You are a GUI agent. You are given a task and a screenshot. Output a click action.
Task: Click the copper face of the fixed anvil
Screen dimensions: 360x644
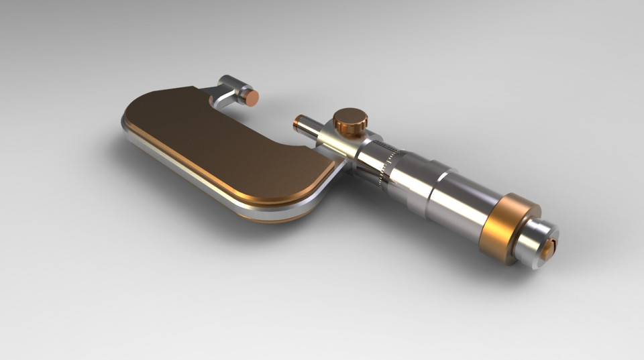(x=252, y=98)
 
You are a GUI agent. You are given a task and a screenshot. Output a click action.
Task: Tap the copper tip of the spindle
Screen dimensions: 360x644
(x=297, y=123)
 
